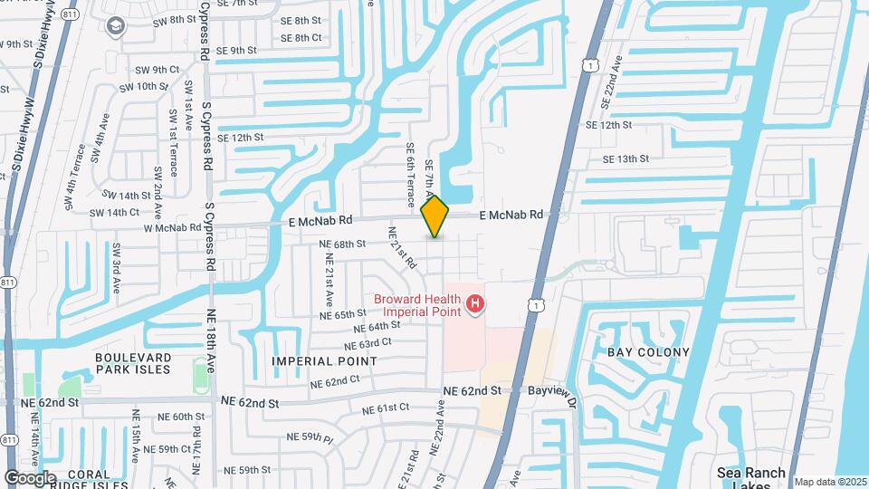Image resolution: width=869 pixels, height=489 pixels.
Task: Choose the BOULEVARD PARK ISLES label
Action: [132, 363]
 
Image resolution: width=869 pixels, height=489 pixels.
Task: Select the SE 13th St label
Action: [626, 158]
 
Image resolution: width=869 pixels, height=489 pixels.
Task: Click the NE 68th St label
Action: [342, 244]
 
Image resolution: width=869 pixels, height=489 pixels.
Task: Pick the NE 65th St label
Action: [342, 314]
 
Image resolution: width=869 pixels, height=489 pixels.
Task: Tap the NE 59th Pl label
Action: [310, 437]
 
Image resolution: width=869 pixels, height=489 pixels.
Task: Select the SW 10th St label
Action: [135, 87]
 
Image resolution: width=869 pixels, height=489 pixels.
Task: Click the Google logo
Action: [29, 477]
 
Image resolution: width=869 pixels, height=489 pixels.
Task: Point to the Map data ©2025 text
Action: [829, 482]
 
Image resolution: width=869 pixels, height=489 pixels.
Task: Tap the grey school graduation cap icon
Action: [117, 27]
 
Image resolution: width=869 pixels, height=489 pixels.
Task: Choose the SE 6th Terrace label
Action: [410, 172]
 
